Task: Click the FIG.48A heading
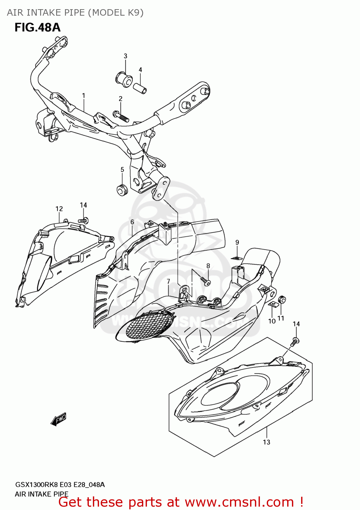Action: point(37,28)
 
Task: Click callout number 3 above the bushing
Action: point(125,56)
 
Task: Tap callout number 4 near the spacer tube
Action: point(140,70)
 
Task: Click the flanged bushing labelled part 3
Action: point(124,79)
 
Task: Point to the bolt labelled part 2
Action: point(120,116)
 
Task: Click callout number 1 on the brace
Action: point(83,96)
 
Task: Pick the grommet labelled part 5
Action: point(122,190)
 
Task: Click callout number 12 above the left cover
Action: point(59,209)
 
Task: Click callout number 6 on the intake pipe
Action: point(132,222)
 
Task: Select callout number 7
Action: point(168,282)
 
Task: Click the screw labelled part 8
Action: point(206,281)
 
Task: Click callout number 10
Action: point(272,321)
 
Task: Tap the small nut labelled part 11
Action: point(282,300)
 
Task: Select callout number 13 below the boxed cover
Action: point(266,442)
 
